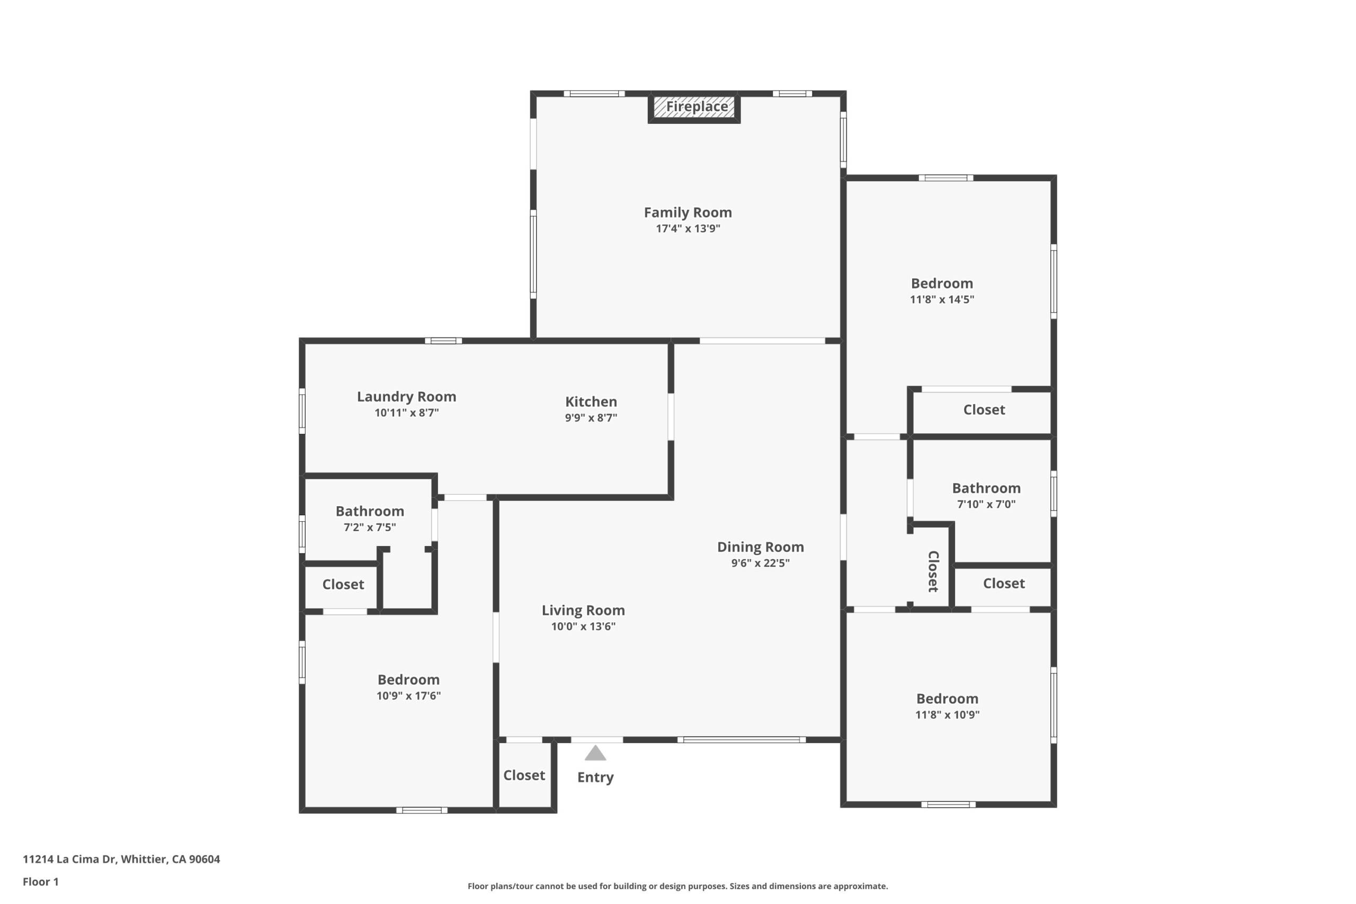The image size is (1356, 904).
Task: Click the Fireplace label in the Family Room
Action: click(697, 106)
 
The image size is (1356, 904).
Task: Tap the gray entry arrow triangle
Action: click(595, 753)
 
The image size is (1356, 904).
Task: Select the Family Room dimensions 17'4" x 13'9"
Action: click(688, 229)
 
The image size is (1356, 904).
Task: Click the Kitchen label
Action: click(591, 402)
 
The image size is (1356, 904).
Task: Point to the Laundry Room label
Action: click(406, 397)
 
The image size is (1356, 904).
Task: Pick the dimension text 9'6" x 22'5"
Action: click(761, 563)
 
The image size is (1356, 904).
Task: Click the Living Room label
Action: click(583, 611)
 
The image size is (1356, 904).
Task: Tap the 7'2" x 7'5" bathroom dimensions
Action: click(370, 527)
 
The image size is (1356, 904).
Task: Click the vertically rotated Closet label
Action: click(933, 571)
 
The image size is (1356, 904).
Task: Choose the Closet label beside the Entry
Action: click(524, 775)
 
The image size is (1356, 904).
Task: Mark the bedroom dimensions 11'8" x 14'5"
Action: click(942, 300)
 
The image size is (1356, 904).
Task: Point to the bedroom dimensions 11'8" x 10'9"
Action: click(947, 715)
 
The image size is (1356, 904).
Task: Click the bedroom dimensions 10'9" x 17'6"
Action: click(409, 696)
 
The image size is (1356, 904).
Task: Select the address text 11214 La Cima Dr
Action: click(69, 859)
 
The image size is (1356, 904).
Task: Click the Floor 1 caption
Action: click(40, 882)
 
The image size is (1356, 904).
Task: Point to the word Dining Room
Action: click(761, 547)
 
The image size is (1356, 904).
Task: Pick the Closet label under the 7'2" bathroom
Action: click(343, 585)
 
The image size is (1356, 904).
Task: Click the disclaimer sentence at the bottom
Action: click(678, 886)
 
